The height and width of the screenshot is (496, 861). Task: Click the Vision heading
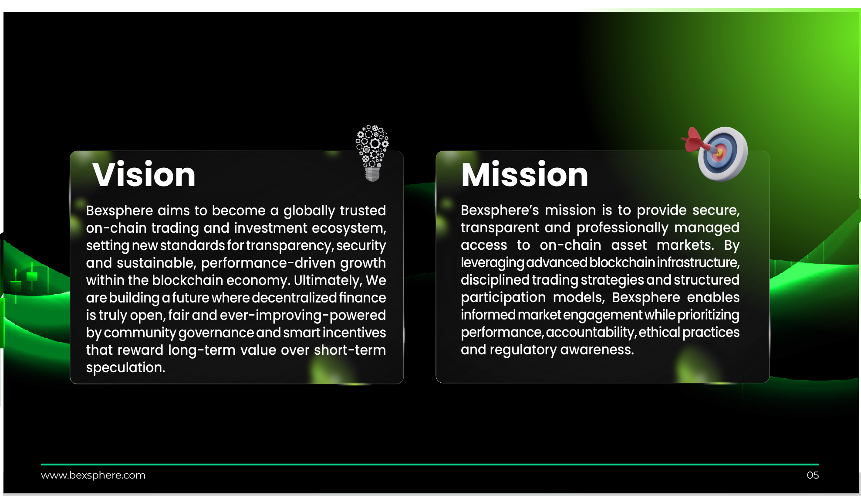144,174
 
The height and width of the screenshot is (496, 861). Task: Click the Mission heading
525,174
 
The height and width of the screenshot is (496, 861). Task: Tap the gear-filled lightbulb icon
372,153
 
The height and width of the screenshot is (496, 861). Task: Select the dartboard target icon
723,154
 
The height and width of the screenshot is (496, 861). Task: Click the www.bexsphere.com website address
93,475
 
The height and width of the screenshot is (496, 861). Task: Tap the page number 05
813,475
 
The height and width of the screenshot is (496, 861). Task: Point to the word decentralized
294,298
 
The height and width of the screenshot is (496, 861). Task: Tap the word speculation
125,368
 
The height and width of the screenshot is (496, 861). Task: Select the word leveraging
492,263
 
